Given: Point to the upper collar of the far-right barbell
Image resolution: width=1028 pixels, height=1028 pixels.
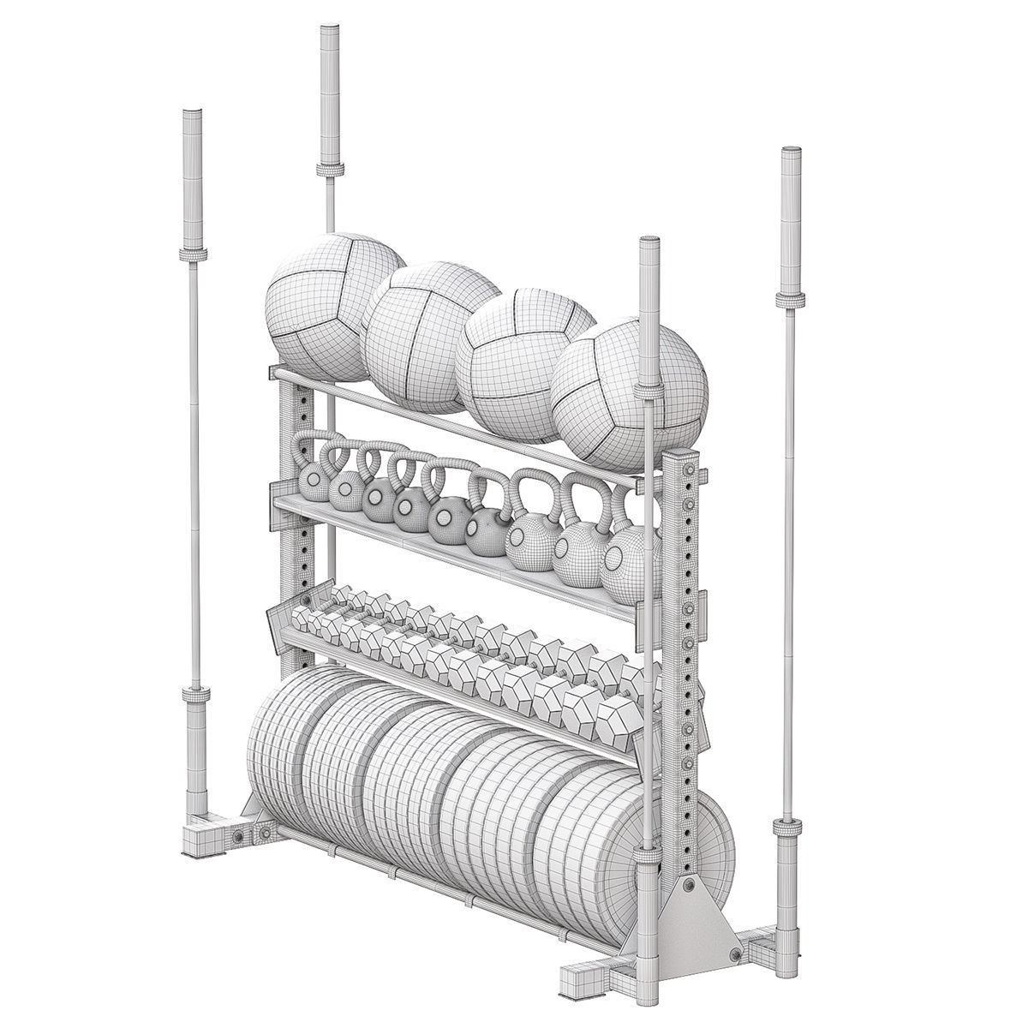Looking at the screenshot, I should click(790, 298).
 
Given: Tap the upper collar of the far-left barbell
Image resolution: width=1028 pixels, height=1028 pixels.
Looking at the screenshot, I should click(192, 254).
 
